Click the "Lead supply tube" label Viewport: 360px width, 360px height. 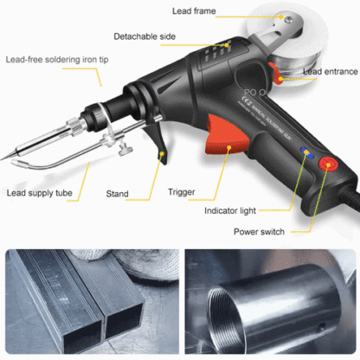41,194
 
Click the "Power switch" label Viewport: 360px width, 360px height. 260,231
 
